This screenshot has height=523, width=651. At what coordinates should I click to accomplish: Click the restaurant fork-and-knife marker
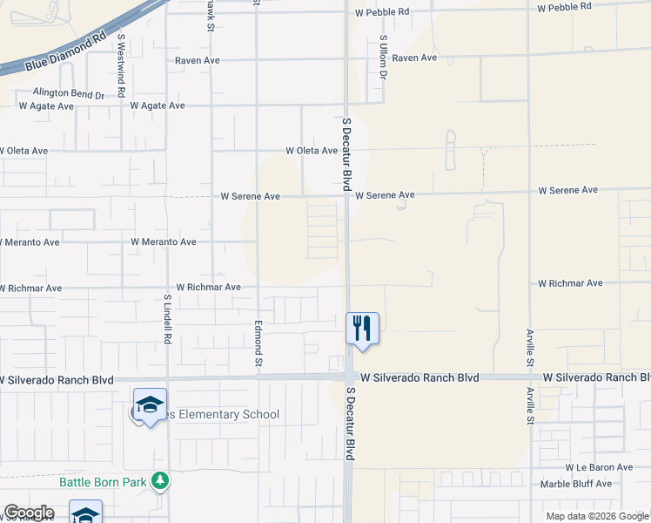point(362,328)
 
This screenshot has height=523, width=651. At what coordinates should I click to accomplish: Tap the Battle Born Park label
point(104,481)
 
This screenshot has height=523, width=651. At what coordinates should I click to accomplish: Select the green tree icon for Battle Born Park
point(159,480)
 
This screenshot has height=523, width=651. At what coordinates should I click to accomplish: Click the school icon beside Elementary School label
point(150,404)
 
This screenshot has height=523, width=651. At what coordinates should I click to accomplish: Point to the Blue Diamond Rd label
point(66,55)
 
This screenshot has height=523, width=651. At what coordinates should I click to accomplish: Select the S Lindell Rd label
point(166,317)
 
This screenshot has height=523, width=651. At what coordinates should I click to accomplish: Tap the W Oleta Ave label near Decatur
point(312,151)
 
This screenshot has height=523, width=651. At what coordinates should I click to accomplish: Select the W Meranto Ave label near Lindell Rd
point(164,241)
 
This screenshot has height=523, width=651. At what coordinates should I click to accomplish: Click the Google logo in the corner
point(29,512)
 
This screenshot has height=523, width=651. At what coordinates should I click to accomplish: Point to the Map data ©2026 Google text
point(597,516)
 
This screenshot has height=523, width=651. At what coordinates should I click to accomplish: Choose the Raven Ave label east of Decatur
point(414,58)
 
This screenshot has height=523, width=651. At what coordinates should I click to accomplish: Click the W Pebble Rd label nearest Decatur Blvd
point(381,11)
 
